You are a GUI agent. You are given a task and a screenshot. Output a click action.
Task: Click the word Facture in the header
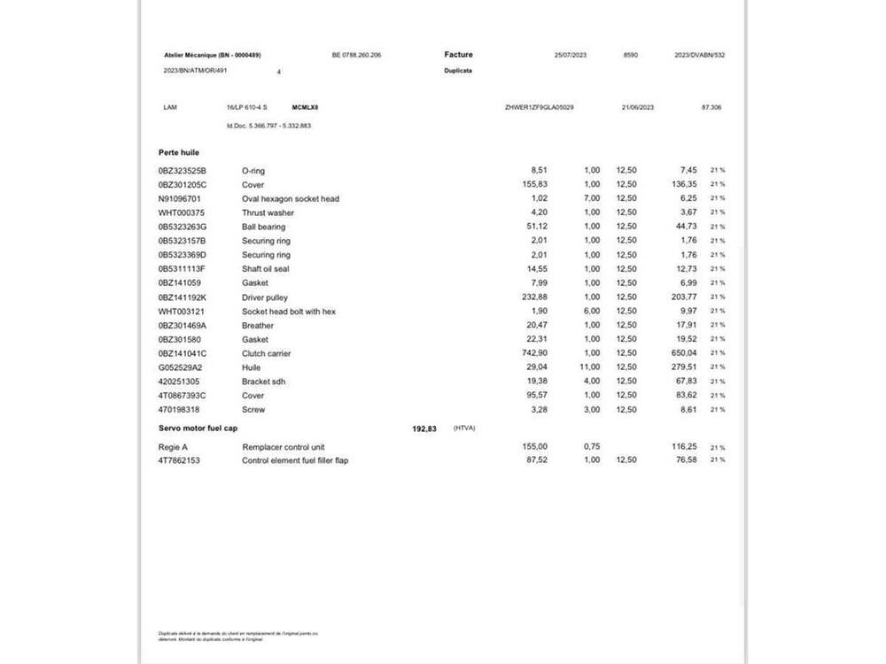click(458, 55)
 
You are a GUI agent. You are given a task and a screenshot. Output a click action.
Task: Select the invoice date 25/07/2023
click(571, 55)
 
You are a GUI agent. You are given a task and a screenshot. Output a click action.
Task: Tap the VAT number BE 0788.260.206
click(356, 55)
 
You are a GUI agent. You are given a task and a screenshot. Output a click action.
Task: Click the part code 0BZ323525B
click(182, 170)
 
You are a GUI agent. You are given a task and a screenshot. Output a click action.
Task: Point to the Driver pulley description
click(265, 297)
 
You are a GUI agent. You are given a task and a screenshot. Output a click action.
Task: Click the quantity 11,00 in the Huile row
click(590, 367)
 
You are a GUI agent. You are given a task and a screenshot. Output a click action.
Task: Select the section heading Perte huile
click(179, 153)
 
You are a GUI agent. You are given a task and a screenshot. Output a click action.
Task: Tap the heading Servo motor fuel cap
click(198, 429)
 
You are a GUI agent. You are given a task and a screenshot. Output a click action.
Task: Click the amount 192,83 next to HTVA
click(424, 429)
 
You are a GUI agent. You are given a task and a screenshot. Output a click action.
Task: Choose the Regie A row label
click(173, 447)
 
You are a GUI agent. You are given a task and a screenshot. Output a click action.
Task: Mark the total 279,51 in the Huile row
click(683, 367)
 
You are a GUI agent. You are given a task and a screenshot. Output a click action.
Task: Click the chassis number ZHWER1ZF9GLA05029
click(539, 107)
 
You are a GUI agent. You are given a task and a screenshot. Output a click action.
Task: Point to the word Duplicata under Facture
click(458, 70)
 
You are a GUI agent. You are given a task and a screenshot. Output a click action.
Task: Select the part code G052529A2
click(180, 367)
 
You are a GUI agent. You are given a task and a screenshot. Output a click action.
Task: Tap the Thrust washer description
click(268, 212)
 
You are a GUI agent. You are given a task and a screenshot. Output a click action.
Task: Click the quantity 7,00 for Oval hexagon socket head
click(592, 198)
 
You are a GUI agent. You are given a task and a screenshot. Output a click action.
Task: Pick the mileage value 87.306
click(711, 107)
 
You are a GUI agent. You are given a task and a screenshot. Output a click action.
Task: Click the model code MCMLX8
click(305, 107)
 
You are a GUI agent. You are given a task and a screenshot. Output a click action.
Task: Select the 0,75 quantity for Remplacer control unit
click(592, 447)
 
